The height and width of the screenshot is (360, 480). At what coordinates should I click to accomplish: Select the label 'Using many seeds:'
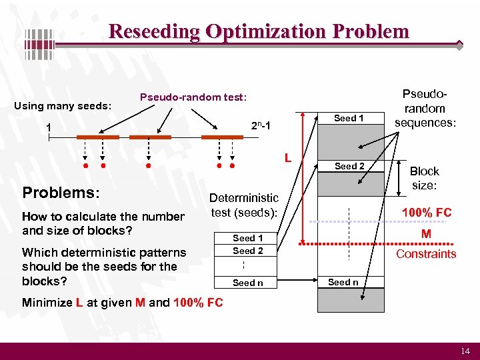63,105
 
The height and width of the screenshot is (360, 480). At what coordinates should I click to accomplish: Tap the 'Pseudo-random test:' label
193,97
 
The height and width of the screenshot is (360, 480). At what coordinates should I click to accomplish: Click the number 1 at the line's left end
49,127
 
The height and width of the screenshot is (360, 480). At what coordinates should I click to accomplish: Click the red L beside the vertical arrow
287,158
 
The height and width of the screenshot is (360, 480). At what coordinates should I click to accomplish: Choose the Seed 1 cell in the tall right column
349,118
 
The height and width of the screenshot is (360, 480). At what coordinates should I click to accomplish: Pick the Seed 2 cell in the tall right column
349,166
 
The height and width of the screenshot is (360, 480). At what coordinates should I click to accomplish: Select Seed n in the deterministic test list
247,283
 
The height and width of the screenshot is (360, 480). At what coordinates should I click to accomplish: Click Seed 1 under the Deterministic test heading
247,238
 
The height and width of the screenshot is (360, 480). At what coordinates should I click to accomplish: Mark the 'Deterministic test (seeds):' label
244,205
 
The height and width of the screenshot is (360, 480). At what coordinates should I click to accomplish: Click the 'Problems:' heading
61,193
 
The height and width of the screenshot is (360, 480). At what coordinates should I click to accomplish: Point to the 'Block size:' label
424,178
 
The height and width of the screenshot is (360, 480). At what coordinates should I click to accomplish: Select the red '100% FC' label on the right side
426,213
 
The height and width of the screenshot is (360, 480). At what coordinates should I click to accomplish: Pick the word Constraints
426,253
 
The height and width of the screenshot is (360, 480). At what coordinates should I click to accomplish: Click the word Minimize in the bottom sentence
47,303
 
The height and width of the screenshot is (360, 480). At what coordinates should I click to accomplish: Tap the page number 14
465,351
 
